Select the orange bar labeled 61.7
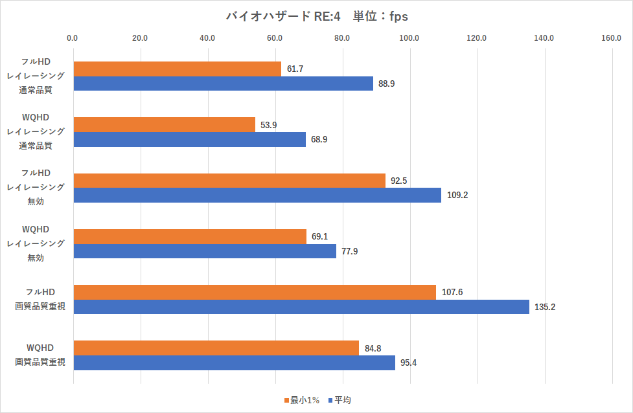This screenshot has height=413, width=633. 178,69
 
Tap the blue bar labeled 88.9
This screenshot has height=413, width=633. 224,84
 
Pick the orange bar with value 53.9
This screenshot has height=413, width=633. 165,124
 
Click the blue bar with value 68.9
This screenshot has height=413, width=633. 190,139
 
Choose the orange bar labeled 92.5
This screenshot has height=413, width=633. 229,181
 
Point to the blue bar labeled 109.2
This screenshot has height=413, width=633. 257,195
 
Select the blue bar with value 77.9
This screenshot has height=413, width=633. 205,251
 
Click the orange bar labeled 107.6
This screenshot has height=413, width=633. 255,292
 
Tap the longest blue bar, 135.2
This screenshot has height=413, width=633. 301,307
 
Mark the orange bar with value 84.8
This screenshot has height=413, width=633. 216,348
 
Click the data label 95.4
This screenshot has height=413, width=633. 408,363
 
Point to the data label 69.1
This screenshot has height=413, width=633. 320,237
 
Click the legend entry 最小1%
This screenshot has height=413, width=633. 302,401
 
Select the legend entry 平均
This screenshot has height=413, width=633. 340,401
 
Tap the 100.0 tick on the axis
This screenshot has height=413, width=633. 409,38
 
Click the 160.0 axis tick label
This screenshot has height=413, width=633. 612,38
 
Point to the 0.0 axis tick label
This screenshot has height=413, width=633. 73,38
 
